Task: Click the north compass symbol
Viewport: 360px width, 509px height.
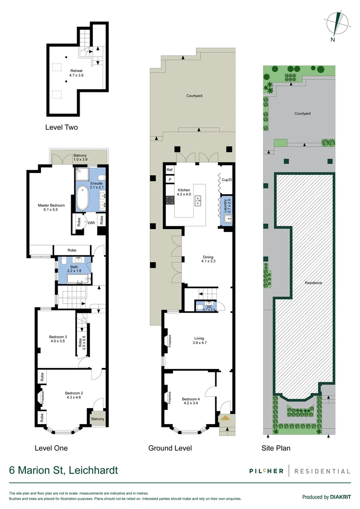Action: (337, 24)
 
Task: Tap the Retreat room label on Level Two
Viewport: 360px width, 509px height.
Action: (63, 73)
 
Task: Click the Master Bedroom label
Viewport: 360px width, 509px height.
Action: (50, 207)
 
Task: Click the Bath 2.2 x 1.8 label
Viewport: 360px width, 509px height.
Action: (74, 269)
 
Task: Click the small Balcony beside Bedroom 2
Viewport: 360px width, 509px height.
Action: (98, 419)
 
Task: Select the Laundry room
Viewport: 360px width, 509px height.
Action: (227, 211)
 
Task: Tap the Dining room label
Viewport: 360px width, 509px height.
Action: (208, 259)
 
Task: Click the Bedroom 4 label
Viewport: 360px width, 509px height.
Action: (191, 401)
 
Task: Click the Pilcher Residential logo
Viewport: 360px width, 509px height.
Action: (300, 471)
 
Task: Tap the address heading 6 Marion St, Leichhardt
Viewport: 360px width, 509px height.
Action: (64, 470)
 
